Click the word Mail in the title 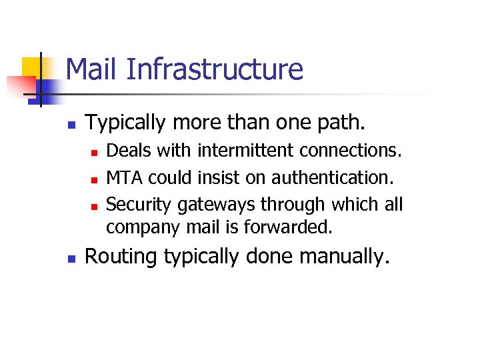click(x=91, y=69)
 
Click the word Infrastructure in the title click(x=213, y=69)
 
